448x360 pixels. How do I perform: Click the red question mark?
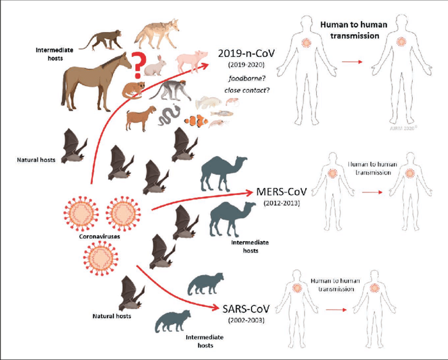coord(136,65)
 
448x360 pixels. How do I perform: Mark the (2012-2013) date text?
coord(275,203)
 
